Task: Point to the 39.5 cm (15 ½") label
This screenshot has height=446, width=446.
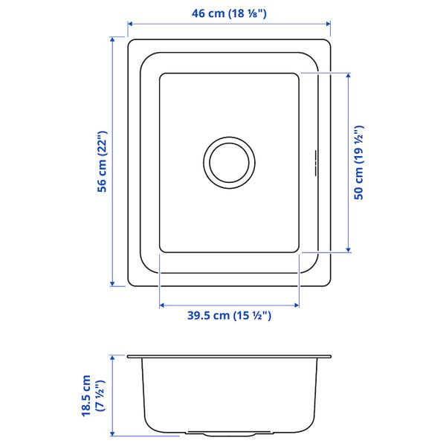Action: click(229, 316)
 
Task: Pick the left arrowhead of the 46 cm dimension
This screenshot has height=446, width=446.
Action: click(131, 25)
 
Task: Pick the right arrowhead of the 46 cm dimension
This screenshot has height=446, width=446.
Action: click(328, 25)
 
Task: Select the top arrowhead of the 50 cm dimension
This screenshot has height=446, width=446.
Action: click(347, 75)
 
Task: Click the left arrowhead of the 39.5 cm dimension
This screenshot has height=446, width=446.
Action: click(163, 304)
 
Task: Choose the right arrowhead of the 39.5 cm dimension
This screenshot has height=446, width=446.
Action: click(297, 304)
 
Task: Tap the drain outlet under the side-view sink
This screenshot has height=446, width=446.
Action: click(230, 431)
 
